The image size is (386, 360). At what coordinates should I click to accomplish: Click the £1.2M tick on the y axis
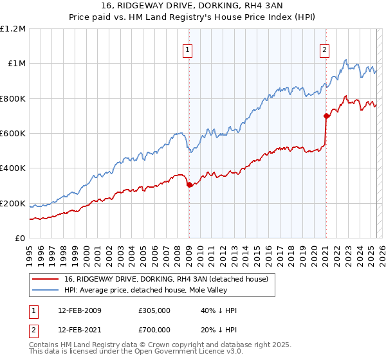pyautogui.click(x=13, y=28)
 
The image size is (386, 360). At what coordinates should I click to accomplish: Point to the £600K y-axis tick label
pyautogui.click(x=13, y=133)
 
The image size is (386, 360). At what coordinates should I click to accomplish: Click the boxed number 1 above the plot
pyautogui.click(x=187, y=50)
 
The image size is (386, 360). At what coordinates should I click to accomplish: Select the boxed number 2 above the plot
pyautogui.click(x=325, y=50)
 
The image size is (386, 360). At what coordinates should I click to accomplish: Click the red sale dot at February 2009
pyautogui.click(x=189, y=185)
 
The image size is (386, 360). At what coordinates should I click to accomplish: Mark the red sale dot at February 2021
pyautogui.click(x=326, y=116)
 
